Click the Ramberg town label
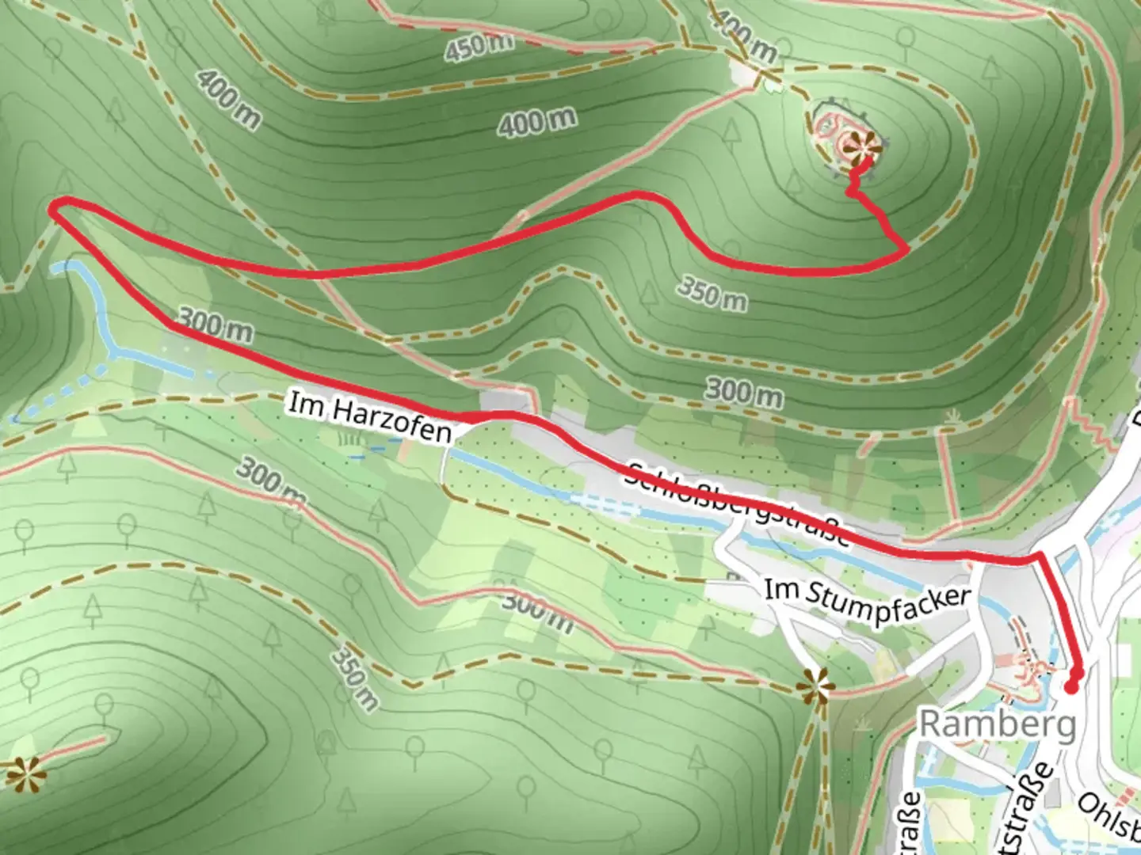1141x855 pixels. click(997, 724)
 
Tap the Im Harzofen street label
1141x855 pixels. click(370, 417)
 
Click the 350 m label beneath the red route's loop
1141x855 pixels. click(712, 293)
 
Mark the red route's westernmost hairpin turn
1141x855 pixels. click(54, 207)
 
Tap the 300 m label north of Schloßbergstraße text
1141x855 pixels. click(743, 392)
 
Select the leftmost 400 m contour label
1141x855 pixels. click(228, 98)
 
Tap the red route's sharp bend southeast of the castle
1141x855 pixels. click(906, 249)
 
